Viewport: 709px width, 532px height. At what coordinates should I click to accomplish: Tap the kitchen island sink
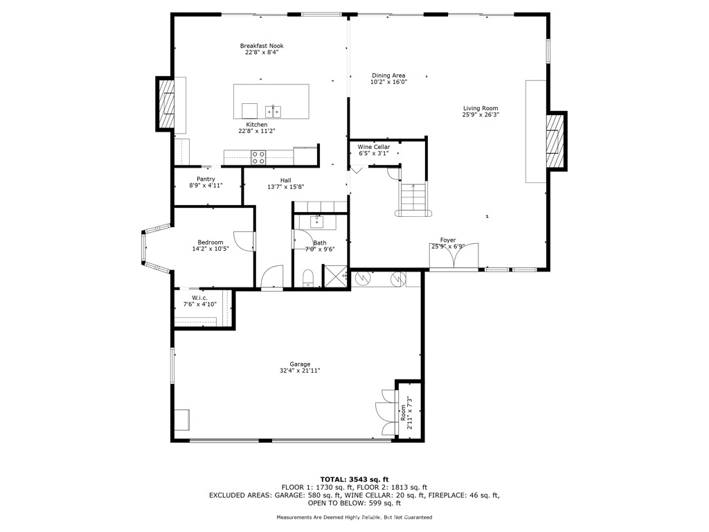(272, 111)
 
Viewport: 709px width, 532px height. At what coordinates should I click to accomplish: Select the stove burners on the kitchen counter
(258, 157)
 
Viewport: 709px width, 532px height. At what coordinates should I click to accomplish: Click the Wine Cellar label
(373, 147)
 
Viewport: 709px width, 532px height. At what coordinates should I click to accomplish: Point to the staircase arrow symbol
(413, 187)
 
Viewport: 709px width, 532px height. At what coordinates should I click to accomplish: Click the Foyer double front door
(454, 258)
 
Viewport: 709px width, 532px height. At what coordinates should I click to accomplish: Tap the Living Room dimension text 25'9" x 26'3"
(481, 115)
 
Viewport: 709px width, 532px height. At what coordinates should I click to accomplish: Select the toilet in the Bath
(309, 278)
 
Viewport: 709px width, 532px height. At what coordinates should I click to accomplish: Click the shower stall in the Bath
(336, 277)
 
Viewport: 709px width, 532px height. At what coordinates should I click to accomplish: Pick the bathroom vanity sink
(316, 222)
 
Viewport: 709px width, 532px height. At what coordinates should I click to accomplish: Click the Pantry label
(206, 179)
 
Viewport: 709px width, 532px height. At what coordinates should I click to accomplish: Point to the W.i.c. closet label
(199, 298)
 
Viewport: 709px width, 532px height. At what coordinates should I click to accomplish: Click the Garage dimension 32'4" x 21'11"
(300, 371)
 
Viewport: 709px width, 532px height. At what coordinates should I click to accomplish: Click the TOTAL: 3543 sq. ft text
(354, 479)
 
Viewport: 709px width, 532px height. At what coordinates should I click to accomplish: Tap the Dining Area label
(388, 76)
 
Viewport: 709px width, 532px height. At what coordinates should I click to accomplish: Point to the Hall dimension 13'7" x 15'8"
(285, 186)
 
